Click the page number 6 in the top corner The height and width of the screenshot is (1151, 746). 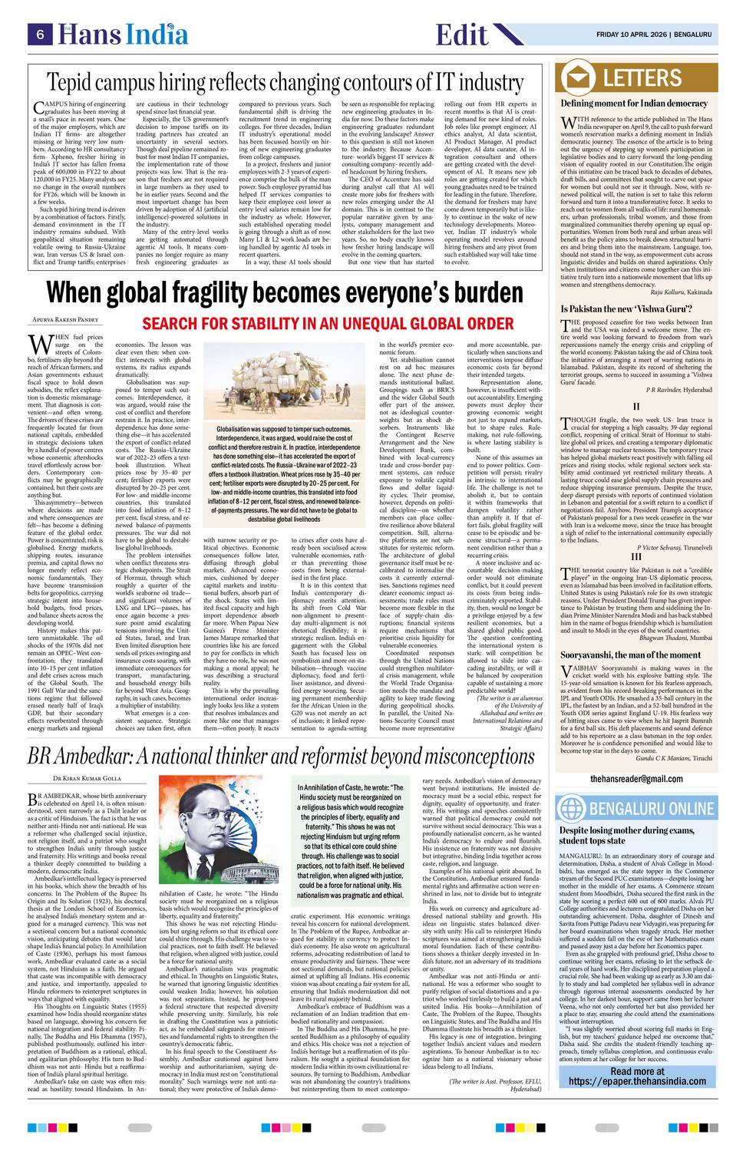(38, 35)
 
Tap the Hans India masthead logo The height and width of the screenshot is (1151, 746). (125, 35)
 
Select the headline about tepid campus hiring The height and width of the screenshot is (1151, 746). (285, 82)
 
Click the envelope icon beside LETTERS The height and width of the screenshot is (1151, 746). (579, 78)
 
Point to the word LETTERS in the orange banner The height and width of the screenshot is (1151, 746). (642, 78)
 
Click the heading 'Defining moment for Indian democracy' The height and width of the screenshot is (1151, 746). (634, 104)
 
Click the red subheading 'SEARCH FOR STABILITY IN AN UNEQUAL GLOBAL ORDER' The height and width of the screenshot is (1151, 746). (328, 322)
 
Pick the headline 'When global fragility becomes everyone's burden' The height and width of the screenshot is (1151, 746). (285, 293)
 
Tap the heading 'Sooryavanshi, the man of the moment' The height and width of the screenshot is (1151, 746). (630, 655)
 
